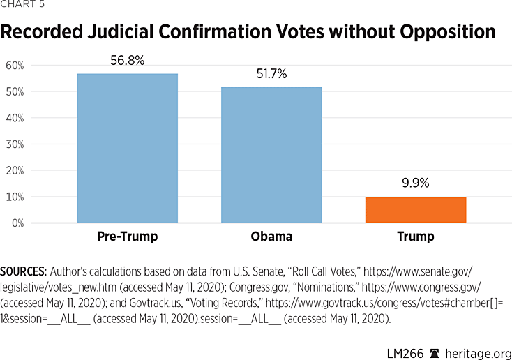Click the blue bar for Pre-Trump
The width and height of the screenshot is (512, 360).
coord(127,148)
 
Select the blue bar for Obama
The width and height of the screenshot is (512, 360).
coord(271,155)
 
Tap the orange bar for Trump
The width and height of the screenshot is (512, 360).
coord(416,209)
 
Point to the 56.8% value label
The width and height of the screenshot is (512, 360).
coord(127,61)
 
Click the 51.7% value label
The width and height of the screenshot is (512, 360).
coord(271,74)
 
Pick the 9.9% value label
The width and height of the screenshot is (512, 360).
coord(416,184)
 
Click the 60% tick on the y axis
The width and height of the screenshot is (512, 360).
coord(15,66)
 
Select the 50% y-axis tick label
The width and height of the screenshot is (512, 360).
coord(15,92)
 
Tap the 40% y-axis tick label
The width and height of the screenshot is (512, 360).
coord(15,118)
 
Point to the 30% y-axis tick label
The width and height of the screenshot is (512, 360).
coord(15,144)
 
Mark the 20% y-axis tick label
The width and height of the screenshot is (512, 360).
coord(15,171)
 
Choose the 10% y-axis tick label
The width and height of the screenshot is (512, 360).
coord(15,197)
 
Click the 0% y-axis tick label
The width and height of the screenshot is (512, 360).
coord(17,223)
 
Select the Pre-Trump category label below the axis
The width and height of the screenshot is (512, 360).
coord(127,237)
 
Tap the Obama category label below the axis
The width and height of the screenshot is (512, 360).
coord(271,237)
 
